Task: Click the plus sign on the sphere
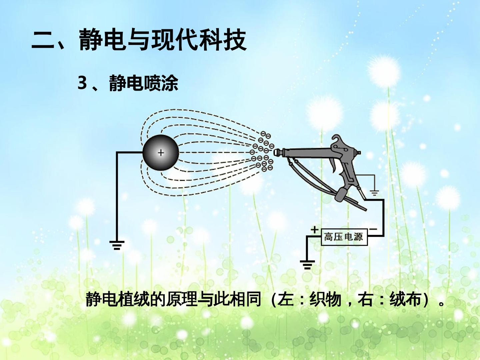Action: tap(161, 153)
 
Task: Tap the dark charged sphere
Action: tap(161, 153)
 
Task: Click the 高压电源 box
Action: tap(344, 237)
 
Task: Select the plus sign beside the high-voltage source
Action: tap(314, 230)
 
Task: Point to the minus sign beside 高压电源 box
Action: tap(373, 229)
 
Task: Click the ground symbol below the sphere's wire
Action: tap(117, 245)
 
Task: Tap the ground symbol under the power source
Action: tap(307, 264)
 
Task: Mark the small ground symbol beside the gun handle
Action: tap(374, 193)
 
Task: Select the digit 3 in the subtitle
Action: tap(82, 83)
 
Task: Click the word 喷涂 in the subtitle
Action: tap(161, 83)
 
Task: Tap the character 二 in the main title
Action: tap(43, 41)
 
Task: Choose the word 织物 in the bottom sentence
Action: tap(325, 299)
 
